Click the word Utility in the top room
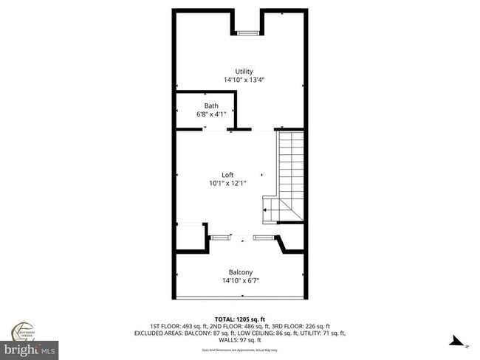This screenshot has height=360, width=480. point(244,72)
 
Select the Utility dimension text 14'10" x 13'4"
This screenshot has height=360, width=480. point(244,80)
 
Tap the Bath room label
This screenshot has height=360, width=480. point(211,105)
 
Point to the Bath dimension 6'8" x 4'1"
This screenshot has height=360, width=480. point(211,114)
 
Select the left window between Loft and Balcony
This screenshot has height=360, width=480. point(219,238)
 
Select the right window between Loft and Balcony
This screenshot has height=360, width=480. point(264,238)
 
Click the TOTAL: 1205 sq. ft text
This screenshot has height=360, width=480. point(240,317)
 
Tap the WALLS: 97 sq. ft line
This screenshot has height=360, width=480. point(240,340)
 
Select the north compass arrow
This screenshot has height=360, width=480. point(459,341)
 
